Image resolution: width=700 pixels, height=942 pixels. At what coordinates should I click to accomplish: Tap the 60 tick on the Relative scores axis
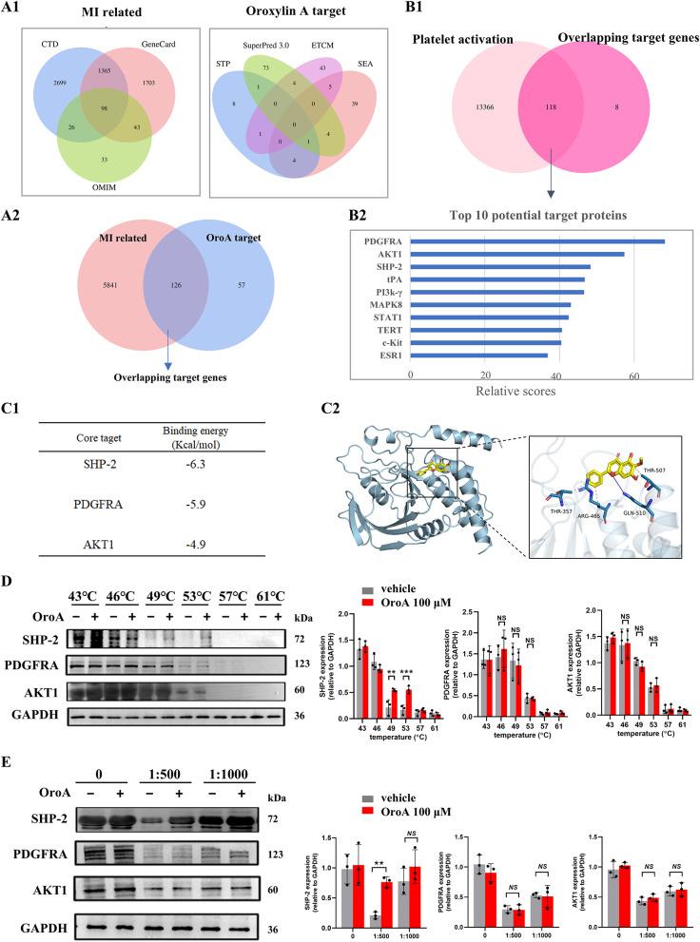coord(634,375)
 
